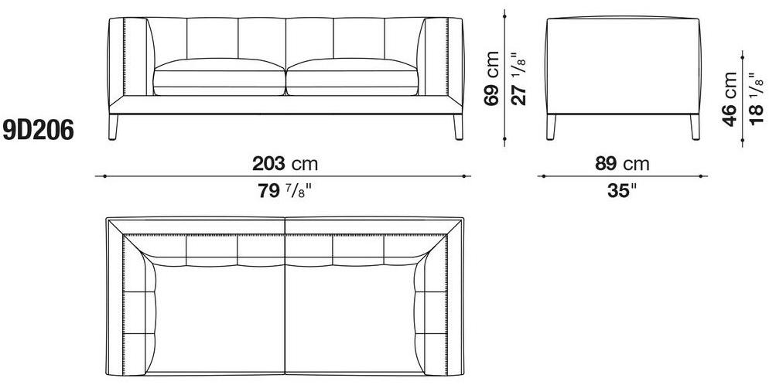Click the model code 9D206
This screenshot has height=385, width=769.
click(38, 131)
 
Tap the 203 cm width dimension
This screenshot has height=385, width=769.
click(285, 164)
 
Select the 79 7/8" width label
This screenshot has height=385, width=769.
click(285, 190)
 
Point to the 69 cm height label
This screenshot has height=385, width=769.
click(492, 79)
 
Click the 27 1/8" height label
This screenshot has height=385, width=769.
click(519, 79)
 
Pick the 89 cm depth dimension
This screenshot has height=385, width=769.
click(622, 164)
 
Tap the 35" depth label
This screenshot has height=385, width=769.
click(622, 190)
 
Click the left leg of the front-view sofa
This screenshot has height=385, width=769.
click(113, 128)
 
